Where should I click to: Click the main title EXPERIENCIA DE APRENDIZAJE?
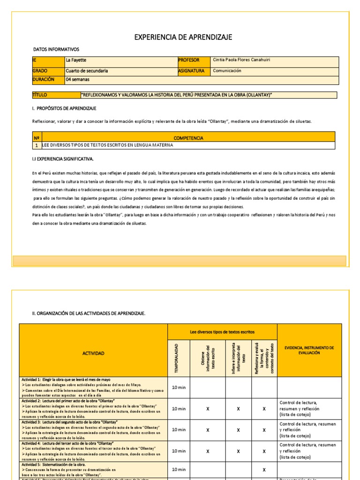183,37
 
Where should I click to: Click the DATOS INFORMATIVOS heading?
56,50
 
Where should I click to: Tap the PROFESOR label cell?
189,60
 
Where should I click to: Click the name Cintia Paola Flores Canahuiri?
241,60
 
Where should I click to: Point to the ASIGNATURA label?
191,71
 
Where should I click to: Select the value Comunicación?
227,71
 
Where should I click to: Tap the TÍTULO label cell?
40,95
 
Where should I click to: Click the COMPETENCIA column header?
188,138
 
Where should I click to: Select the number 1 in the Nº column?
36,146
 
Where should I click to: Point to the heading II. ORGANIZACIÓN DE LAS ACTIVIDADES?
89,313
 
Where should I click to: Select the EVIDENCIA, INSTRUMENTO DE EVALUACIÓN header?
308,350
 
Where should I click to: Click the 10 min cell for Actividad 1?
179,388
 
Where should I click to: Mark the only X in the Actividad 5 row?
264,470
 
